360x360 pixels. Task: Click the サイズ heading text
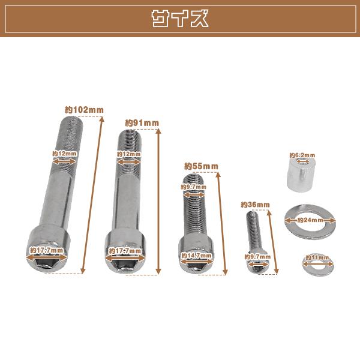tap(180, 19)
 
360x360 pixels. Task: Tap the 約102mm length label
tap(84, 110)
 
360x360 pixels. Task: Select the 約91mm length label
tap(142, 123)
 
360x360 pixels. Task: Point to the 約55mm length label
tap(202, 166)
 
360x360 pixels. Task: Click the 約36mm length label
tap(256, 205)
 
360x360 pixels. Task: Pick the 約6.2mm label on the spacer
tap(302, 155)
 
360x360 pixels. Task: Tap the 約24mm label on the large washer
tap(310, 220)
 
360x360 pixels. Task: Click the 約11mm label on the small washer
tap(317, 257)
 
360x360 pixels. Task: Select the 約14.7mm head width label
tap(197, 256)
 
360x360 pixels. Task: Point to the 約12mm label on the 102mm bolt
tap(65, 154)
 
